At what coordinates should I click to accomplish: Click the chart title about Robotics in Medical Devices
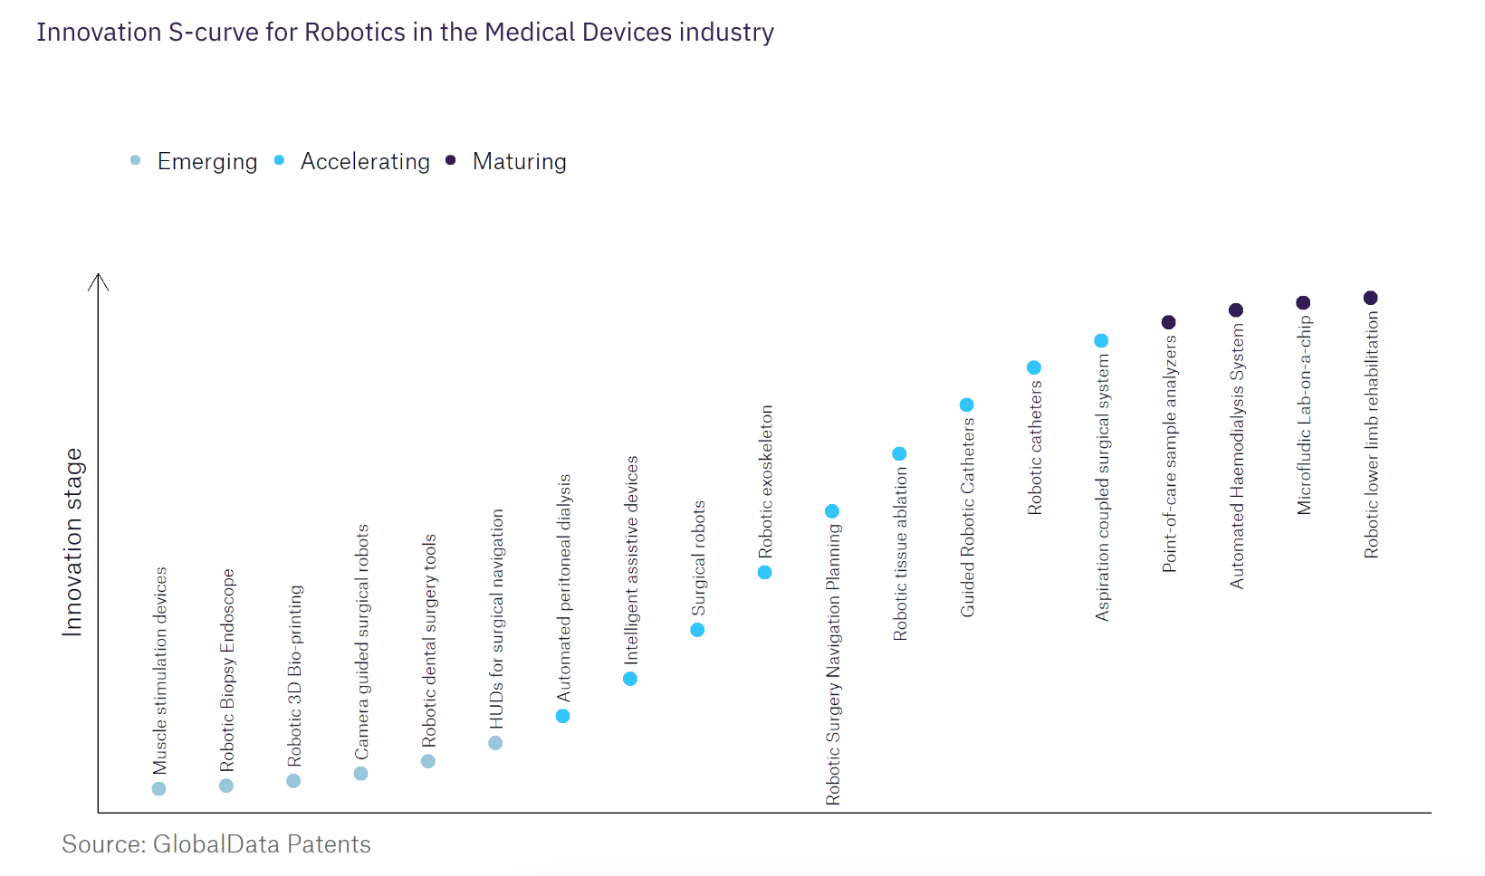(x=405, y=33)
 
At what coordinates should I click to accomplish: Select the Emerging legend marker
(x=136, y=161)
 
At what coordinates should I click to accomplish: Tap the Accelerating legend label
(x=365, y=162)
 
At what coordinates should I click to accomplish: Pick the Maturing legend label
(x=519, y=162)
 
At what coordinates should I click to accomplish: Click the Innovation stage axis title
(x=72, y=542)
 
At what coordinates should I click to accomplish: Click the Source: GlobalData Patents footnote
(x=216, y=844)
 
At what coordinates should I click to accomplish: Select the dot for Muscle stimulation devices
(x=159, y=789)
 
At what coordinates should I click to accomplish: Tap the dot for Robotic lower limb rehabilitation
(x=1371, y=298)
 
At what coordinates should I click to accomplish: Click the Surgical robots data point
(x=697, y=630)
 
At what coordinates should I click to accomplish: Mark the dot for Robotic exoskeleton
(x=765, y=572)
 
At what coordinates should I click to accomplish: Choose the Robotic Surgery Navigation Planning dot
(x=832, y=511)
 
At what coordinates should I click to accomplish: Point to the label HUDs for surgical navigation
(x=497, y=619)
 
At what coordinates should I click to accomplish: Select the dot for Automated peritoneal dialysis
(x=563, y=716)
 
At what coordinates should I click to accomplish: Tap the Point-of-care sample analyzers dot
(x=1169, y=322)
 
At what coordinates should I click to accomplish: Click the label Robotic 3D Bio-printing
(x=295, y=676)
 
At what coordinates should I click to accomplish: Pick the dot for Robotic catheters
(x=1034, y=367)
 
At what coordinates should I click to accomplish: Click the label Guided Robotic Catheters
(x=968, y=518)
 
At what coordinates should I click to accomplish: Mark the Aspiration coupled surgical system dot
(x=1101, y=341)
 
